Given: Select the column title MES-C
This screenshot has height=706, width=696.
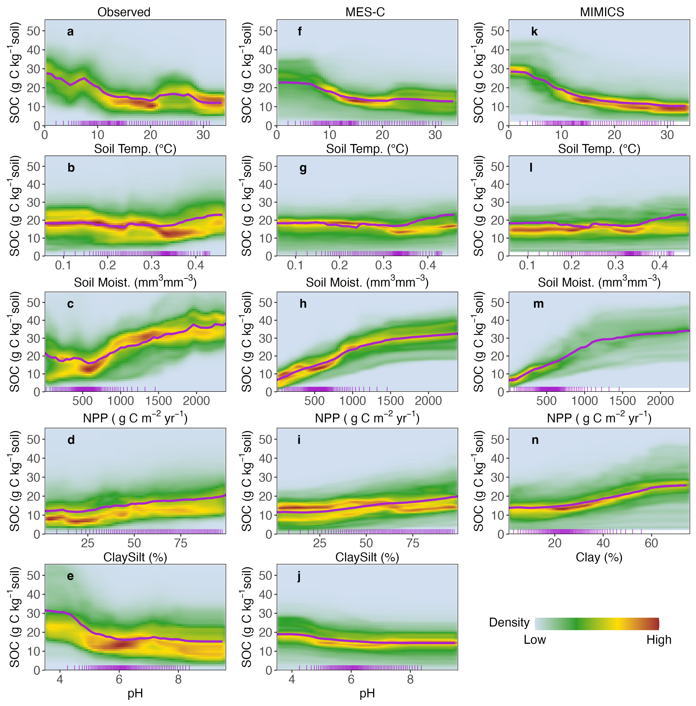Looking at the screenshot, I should (x=365, y=12).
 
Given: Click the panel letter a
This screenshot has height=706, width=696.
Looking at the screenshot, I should (x=70, y=32).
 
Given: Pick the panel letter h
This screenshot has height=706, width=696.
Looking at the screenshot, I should (x=303, y=304).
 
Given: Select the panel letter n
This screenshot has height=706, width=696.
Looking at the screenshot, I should (x=535, y=440).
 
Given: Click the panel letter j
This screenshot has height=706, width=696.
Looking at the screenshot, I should (x=299, y=576).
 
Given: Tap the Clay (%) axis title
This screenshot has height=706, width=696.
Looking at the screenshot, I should (x=599, y=557).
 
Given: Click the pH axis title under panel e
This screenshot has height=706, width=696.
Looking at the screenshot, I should (x=135, y=693).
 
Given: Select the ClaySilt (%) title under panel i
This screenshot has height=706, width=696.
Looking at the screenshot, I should (x=367, y=557).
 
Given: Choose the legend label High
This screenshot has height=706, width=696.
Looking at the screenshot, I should (x=659, y=640).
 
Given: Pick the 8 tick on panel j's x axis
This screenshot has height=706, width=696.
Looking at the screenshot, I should (x=410, y=679).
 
